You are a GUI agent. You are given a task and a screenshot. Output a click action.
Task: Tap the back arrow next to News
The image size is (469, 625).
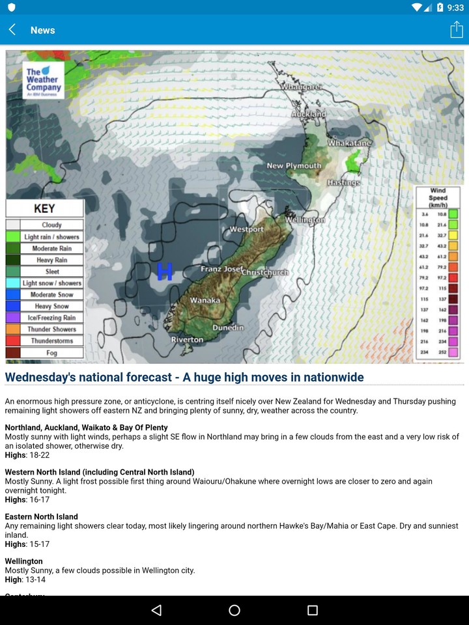[12, 30]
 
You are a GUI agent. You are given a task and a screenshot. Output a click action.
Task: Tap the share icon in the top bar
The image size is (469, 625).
[456, 30]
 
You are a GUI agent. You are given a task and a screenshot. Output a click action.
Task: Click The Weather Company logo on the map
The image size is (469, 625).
[43, 80]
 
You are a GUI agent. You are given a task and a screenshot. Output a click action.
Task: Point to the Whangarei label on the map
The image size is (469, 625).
[302, 87]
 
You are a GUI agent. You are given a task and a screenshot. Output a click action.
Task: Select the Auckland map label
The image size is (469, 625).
[308, 114]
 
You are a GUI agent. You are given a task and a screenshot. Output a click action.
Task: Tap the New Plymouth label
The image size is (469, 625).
[294, 166]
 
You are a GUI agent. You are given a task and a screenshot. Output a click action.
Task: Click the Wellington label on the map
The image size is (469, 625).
[304, 220]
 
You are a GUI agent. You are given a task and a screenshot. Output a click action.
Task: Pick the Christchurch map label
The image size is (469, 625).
[265, 272]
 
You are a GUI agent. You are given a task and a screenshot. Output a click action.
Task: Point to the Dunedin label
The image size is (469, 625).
[228, 327]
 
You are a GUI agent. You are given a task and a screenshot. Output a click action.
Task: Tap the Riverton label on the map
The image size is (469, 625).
[188, 340]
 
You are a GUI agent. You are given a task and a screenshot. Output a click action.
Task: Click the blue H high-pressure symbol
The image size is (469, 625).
[165, 271]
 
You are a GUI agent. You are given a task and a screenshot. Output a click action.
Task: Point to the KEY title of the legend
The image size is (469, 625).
[44, 208]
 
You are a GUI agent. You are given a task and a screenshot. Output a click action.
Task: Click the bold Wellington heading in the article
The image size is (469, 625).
[24, 561]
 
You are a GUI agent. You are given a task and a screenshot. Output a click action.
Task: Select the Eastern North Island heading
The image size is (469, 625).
[42, 517]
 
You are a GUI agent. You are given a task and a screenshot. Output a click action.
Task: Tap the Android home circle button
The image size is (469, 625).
[234, 610]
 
